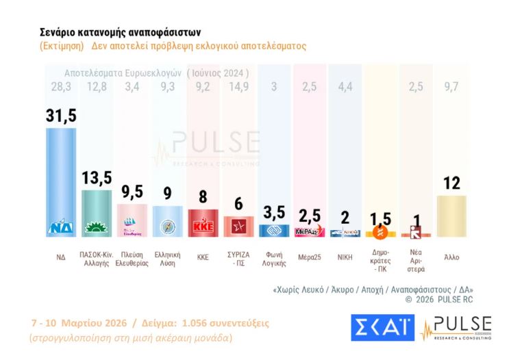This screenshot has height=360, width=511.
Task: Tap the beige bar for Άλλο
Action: [451, 216]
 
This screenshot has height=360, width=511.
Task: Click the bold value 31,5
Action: [61, 116]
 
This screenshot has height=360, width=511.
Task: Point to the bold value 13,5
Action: [97, 178]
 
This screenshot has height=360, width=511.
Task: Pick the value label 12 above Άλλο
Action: [451, 183]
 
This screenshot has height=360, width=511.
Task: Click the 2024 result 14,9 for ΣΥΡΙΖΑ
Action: [238, 86]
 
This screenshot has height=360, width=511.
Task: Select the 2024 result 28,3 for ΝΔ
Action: [60, 86]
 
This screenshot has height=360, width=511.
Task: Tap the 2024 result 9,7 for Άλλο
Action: [452, 86]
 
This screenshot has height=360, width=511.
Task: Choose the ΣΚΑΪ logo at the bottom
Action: [382, 327]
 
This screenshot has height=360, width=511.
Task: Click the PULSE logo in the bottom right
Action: [456, 327]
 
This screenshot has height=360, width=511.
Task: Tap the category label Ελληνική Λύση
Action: [167, 258]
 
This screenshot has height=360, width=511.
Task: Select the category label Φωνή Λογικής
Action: [274, 258]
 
